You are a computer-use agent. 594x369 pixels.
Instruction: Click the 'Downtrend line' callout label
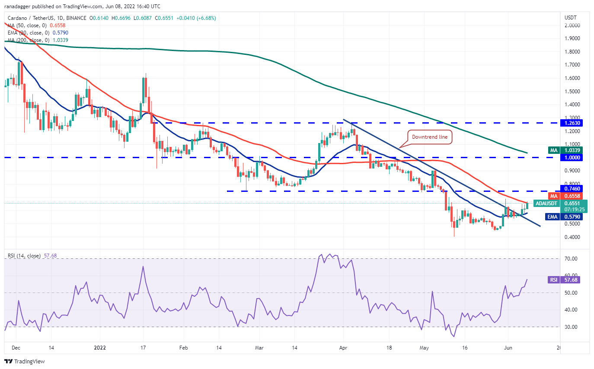coord(430,137)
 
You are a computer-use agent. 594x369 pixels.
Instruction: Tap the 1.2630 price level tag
coord(572,123)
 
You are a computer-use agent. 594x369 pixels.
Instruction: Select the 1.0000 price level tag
coord(572,158)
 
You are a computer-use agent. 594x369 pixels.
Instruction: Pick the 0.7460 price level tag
coord(572,188)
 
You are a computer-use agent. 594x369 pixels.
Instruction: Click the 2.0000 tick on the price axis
coord(572,25)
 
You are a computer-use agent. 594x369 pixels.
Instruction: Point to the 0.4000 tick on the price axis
coord(572,237)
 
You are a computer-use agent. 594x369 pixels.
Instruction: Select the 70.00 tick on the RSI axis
coord(572,259)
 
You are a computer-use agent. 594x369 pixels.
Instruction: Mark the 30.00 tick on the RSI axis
coord(572,327)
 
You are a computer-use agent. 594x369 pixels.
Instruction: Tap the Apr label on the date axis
coord(343,347)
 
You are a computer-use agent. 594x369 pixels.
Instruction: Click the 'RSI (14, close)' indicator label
coord(24,256)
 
